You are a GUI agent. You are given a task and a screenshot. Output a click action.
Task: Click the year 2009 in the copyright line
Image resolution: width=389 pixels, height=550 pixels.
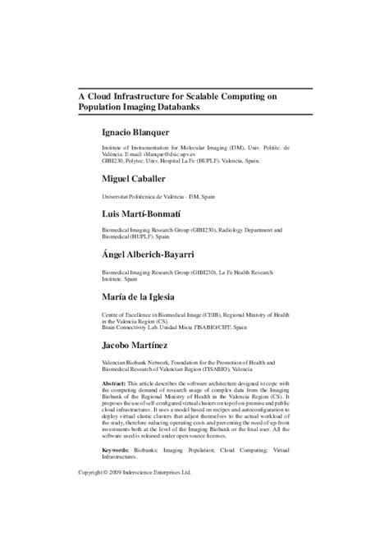tap(124, 474)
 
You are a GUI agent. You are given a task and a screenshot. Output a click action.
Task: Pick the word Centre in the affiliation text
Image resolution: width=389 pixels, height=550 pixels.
tap(112, 313)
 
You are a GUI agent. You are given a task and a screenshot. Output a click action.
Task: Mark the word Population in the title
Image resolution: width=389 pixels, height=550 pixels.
tap(106, 108)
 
